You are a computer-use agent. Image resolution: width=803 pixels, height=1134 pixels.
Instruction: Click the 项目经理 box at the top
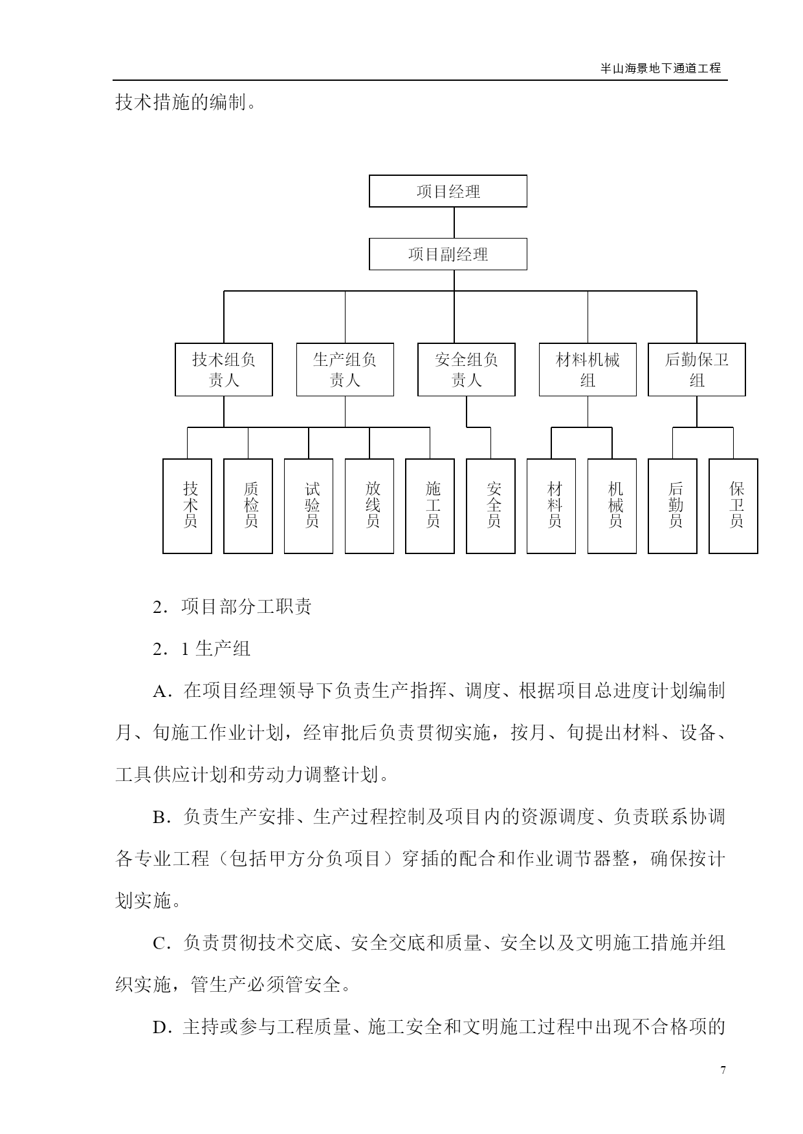(448, 191)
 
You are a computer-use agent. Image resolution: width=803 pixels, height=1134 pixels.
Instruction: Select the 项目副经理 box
(448, 254)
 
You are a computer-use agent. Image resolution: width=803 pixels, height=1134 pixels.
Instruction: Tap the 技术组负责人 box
(224, 370)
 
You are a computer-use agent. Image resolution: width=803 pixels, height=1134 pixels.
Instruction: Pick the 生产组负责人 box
(345, 370)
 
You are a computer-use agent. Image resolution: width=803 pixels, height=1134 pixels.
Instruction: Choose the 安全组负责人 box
(467, 370)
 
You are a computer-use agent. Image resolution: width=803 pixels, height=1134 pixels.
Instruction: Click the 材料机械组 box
(588, 370)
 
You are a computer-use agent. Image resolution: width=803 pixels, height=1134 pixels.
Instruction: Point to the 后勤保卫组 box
(697, 370)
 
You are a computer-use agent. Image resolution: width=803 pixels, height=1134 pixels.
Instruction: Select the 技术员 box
(188, 506)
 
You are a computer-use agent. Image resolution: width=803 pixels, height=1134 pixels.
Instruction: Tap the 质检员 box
(248, 506)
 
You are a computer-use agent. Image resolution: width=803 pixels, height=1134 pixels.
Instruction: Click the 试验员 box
(309, 506)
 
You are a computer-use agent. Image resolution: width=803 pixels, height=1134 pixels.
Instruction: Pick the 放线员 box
(369, 506)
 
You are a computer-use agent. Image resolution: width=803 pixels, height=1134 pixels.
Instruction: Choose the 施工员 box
(430, 506)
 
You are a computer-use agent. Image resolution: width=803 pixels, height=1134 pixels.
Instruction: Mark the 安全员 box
(490, 506)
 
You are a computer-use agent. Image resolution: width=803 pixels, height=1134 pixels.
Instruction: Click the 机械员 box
(612, 506)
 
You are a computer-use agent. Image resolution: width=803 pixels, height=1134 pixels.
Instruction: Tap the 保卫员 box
(733, 506)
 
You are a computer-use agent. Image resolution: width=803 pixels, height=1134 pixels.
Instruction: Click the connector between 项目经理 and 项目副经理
(454, 222)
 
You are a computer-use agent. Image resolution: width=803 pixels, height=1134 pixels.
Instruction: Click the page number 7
(723, 1070)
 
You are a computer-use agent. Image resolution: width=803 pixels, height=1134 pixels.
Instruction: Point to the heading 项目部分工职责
(247, 606)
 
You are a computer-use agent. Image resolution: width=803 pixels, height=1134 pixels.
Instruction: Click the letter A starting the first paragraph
(159, 691)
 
